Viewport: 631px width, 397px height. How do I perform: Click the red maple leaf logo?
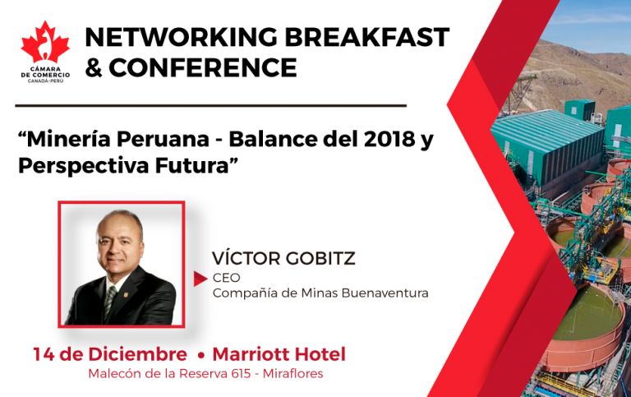[x=45, y=42]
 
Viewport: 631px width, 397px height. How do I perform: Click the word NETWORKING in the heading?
[x=181, y=37]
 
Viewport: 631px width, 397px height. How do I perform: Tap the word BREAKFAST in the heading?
[x=367, y=37]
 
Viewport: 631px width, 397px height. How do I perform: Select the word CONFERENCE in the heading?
[x=203, y=67]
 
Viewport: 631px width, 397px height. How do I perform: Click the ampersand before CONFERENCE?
[x=94, y=67]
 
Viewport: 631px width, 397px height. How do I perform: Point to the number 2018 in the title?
[x=389, y=139]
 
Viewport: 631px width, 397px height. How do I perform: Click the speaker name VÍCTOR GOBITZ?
[x=283, y=258]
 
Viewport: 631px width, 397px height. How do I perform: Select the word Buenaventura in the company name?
[x=385, y=293]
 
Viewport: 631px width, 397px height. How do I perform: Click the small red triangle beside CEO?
[x=200, y=279]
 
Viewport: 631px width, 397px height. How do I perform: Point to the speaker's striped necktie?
[x=109, y=301]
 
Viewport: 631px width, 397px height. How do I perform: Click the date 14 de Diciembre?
[x=110, y=354]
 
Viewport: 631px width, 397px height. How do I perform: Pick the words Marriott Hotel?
[x=279, y=354]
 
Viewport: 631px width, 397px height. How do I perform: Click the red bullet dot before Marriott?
[x=201, y=356]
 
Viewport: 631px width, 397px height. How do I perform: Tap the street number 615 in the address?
[x=242, y=374]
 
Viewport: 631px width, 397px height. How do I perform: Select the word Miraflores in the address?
[x=293, y=374]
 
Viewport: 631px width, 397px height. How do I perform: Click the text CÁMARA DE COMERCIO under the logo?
[x=45, y=72]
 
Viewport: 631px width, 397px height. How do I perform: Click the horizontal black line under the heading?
[x=211, y=106]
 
